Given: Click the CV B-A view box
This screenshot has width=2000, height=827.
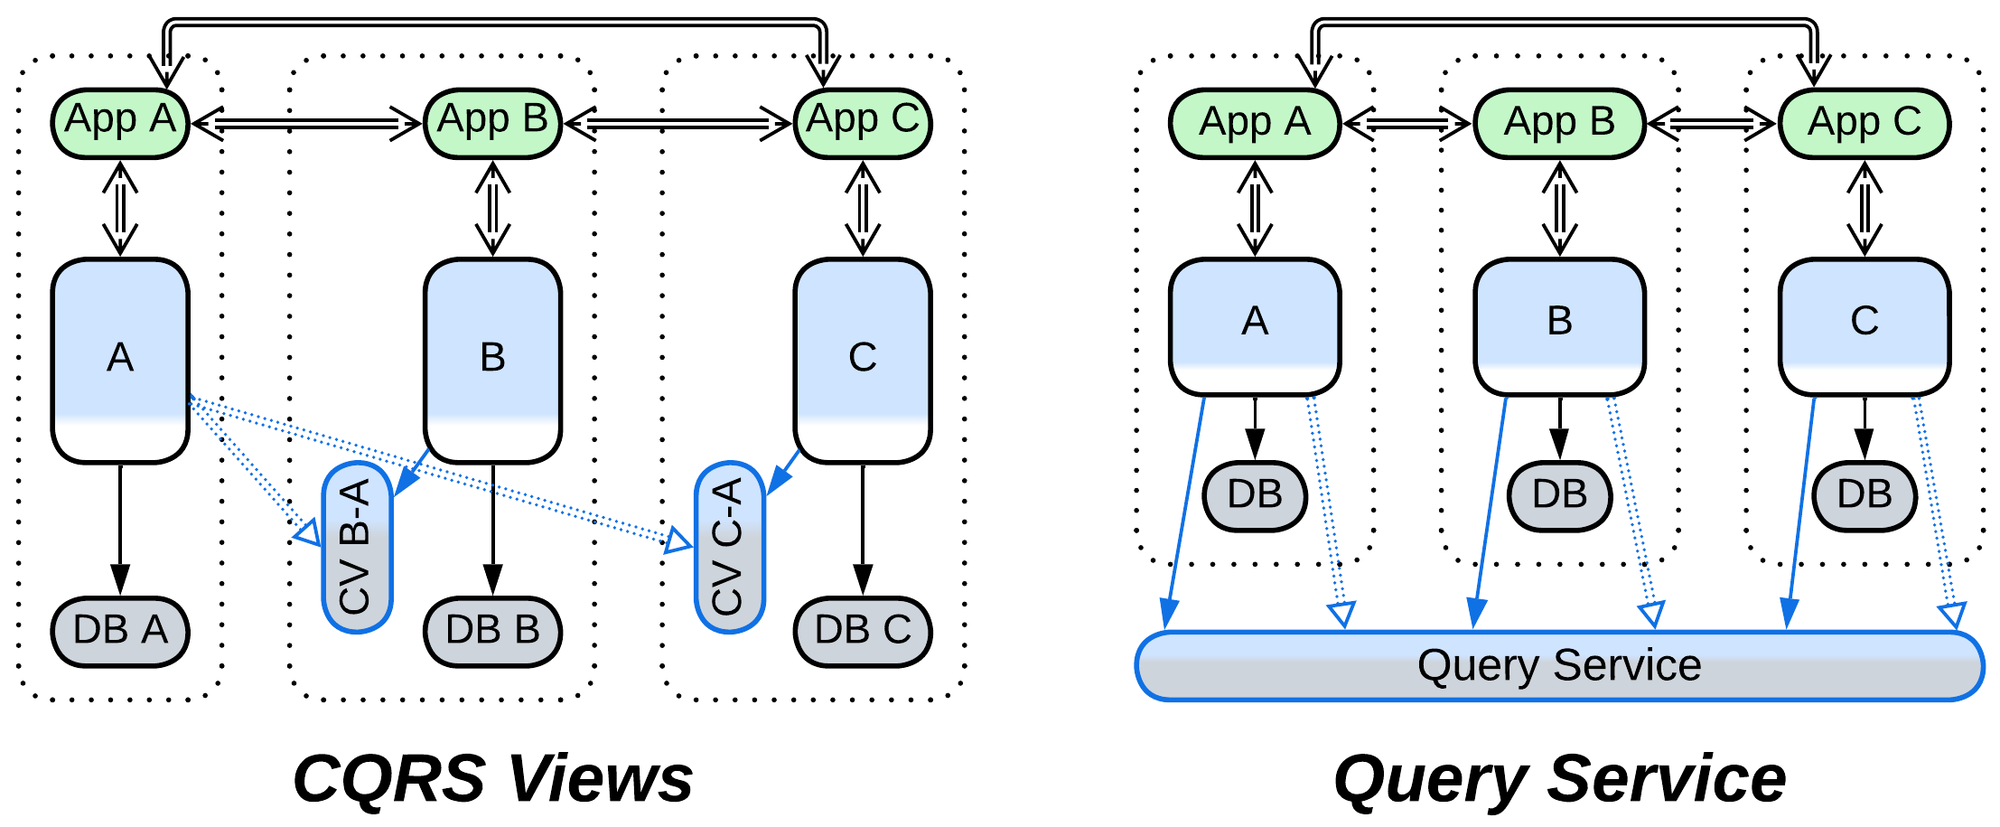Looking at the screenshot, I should pyautogui.click(x=357, y=547).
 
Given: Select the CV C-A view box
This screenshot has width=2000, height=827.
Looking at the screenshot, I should pyautogui.click(x=729, y=547).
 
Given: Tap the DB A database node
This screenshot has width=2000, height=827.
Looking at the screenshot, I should pyautogui.click(x=120, y=631).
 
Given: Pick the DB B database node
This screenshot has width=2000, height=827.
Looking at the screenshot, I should pyautogui.click(x=492, y=631).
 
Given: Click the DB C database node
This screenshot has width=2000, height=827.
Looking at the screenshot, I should pyautogui.click(x=863, y=631).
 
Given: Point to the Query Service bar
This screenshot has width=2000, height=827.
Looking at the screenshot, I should pyautogui.click(x=1559, y=666).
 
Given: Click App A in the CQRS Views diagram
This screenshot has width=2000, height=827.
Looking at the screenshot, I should pyautogui.click(x=120, y=122).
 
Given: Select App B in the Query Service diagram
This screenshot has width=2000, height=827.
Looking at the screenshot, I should pyautogui.click(x=1559, y=122).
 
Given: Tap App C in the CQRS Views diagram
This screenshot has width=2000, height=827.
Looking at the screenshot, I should pyautogui.click(x=863, y=122).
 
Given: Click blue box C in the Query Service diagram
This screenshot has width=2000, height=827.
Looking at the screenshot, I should pyautogui.click(x=1864, y=325).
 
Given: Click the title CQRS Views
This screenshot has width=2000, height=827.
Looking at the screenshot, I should pyautogui.click(x=492, y=778).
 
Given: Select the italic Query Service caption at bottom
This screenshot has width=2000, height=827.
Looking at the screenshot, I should pyautogui.click(x=1559, y=778).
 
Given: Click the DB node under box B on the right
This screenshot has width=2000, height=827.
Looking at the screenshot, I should pyautogui.click(x=1559, y=495).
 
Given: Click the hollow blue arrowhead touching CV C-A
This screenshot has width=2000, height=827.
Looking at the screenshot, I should pyautogui.click(x=678, y=541).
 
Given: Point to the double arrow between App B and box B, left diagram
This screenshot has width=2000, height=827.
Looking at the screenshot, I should pyautogui.click(x=492, y=209).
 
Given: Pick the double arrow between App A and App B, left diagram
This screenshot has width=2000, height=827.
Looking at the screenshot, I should pyautogui.click(x=307, y=123).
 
